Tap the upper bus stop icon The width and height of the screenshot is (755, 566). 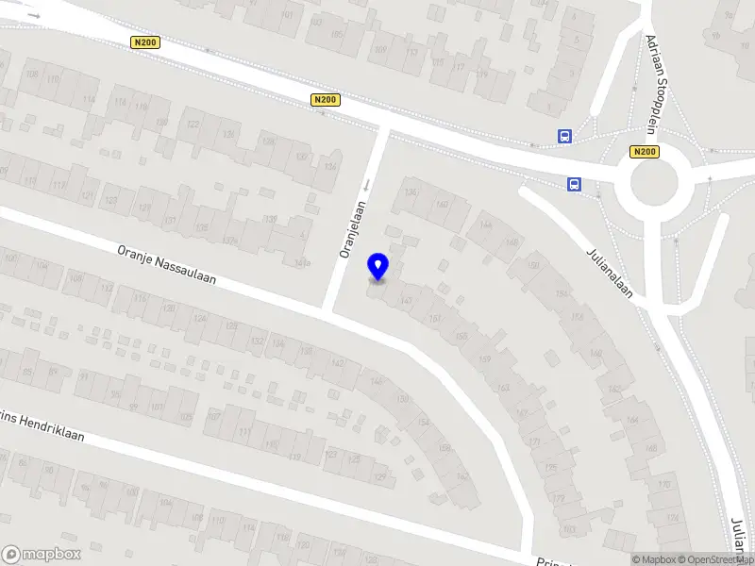click(x=564, y=136)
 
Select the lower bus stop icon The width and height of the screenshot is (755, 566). click(x=574, y=184)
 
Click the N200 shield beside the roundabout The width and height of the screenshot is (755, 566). click(x=644, y=152)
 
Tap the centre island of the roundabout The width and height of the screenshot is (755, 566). click(x=654, y=184)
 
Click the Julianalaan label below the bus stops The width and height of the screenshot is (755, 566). click(x=608, y=273)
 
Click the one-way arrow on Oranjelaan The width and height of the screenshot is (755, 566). click(x=368, y=184)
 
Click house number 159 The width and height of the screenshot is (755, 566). click(x=485, y=358)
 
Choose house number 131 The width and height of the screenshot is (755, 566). click(x=170, y=221)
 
